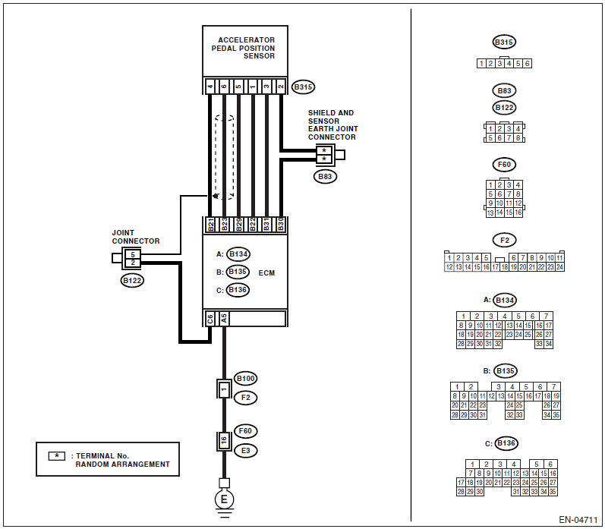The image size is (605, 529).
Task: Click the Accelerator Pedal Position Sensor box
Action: pos(245,52)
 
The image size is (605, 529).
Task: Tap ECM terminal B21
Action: pos(210,224)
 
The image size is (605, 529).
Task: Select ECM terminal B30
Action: pos(281,224)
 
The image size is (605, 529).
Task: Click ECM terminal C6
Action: pos(210,319)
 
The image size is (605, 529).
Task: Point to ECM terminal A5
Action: pos(224,319)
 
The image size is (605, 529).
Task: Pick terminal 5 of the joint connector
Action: pos(132,255)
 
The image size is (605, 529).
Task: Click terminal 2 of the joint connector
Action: pos(132,263)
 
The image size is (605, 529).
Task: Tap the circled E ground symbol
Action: pos(224,499)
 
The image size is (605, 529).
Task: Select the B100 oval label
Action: pos(246,379)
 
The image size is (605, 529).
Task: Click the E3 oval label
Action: pos(246,451)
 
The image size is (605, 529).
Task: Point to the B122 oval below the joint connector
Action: pos(132,281)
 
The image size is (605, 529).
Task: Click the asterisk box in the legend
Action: pos(57,456)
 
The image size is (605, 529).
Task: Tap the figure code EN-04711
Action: pos(578,520)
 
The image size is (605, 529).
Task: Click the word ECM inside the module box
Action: pos(266,272)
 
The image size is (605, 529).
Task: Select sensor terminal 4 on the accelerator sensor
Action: pos(210,87)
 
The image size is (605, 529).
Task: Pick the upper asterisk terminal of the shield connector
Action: pos(324,150)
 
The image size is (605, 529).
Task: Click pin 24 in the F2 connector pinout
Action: pos(560,267)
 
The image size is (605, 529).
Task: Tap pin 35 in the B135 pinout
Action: pos(556,415)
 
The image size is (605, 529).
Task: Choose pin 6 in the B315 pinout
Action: pos(527,64)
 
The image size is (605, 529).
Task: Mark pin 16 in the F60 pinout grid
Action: pos(518,213)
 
